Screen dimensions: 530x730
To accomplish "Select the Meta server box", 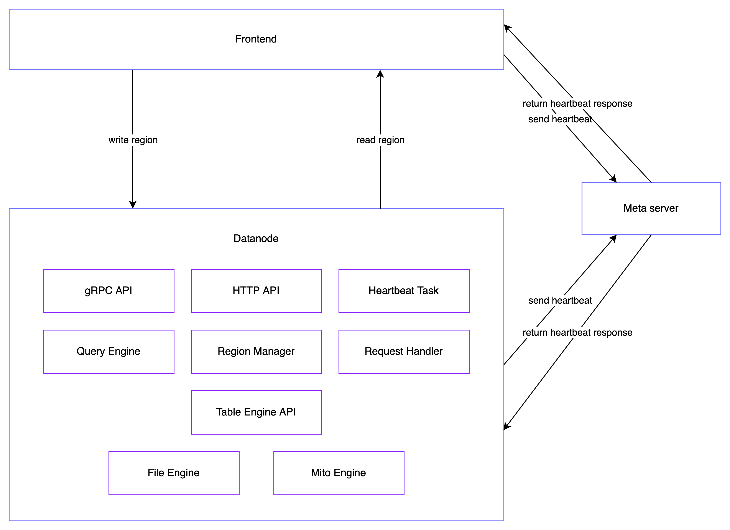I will click(651, 208).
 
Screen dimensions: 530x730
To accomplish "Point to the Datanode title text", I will click(256, 239).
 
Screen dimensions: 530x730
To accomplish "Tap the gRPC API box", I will click(109, 291).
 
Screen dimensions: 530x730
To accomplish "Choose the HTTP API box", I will click(256, 291).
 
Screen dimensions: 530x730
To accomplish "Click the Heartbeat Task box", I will click(404, 291).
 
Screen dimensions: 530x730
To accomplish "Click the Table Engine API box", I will click(256, 412).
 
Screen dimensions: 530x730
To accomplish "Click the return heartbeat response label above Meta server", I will click(577, 104).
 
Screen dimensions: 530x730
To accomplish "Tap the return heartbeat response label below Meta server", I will click(577, 332).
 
